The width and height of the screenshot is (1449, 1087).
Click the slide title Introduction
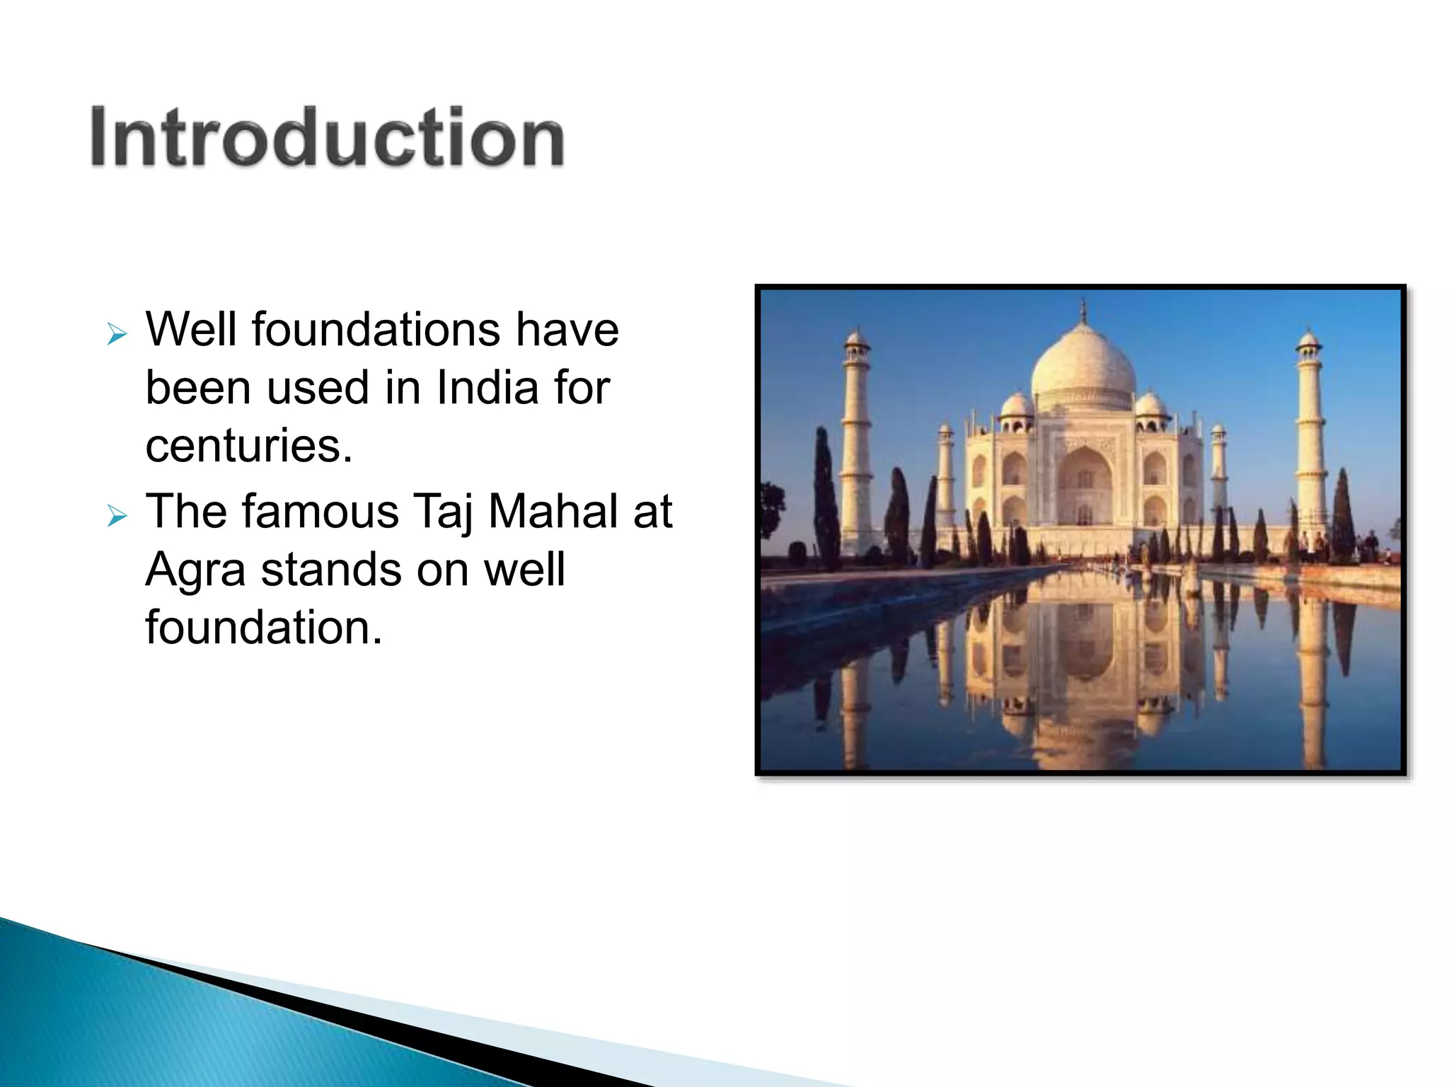[327, 137]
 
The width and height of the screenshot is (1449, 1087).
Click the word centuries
[248, 446]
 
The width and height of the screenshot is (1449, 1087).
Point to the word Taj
[443, 512]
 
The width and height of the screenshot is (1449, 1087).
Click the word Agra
[195, 570]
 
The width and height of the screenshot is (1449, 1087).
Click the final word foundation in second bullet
[263, 628]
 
